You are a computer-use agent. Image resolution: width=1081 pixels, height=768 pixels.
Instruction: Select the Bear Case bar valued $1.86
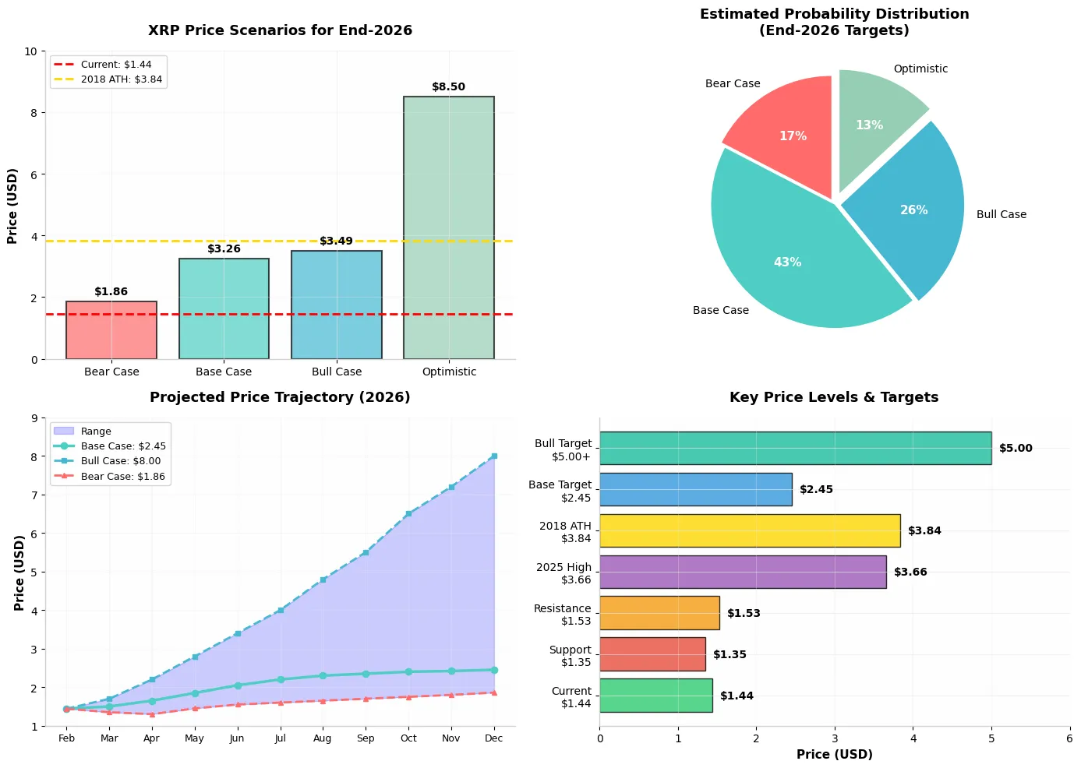(111, 330)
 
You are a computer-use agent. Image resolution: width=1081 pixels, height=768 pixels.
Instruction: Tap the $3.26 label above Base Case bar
(224, 249)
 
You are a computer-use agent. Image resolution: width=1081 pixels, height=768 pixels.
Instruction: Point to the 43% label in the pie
(787, 262)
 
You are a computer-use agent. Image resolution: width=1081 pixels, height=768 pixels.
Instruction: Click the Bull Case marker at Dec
(494, 456)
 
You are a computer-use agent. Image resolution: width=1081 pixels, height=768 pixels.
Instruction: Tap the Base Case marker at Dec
(494, 670)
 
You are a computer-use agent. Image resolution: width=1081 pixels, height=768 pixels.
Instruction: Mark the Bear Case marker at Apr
(152, 714)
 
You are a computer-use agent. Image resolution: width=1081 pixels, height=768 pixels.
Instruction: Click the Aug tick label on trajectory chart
(323, 738)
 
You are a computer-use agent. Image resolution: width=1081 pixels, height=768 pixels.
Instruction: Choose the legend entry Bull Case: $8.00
(120, 461)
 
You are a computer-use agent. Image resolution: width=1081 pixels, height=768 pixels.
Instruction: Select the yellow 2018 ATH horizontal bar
(749, 530)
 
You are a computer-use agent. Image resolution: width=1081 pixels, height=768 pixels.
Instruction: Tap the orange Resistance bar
(659, 613)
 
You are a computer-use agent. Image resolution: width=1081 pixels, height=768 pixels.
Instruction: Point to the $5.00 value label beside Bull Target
(1016, 449)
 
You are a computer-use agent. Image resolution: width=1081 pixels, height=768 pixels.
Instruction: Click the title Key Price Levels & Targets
(834, 397)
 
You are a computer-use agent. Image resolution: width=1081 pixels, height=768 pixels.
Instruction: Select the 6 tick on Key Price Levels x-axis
(1069, 738)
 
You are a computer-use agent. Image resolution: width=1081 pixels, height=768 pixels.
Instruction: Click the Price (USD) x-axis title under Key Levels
(834, 755)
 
